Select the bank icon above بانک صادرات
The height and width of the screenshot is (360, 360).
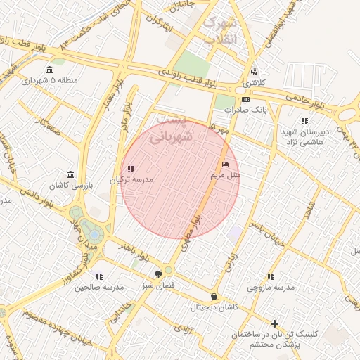245,100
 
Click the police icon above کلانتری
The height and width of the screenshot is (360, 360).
254,72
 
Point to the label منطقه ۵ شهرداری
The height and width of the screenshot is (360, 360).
49,80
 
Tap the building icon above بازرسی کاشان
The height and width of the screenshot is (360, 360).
70,174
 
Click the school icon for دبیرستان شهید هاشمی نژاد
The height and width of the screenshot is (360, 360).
304,121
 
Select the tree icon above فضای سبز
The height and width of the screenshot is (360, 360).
158,275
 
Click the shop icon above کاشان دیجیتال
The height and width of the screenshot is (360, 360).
214,297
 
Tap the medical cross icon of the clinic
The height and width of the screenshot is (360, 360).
274,323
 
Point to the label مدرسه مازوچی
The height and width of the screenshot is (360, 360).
271,288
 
